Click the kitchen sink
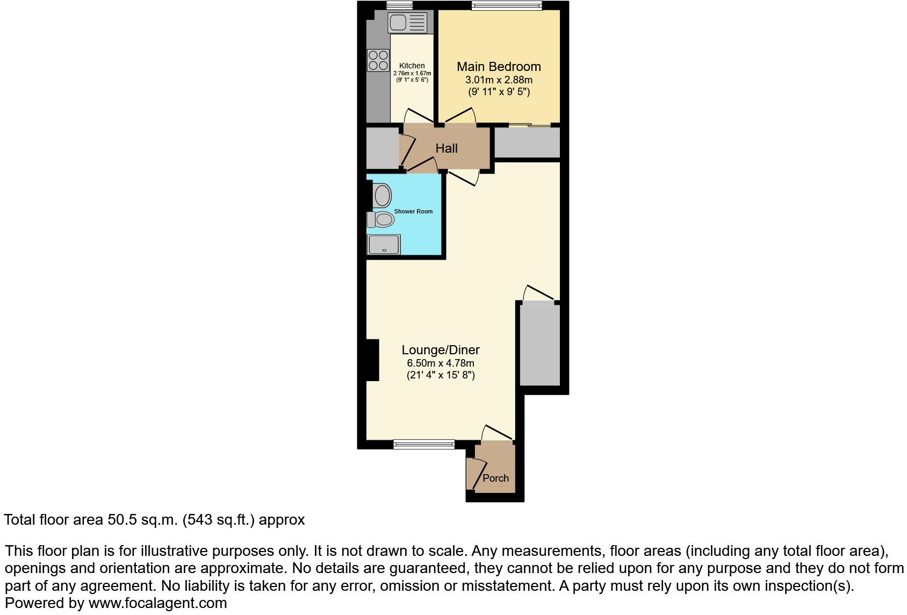(407, 23)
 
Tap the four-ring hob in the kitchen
(378, 60)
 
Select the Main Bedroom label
(499, 67)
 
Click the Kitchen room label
(412, 66)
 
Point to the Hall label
(447, 148)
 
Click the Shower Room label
(413, 211)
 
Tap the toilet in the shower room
(381, 219)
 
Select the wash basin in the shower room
(382, 196)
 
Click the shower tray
(384, 245)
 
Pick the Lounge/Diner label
(441, 350)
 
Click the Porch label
(495, 478)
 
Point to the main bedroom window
(507, 5)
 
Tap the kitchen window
(399, 5)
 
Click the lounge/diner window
(424, 444)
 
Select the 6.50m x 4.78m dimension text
(441, 363)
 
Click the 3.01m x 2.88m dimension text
(499, 80)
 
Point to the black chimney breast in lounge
(372, 360)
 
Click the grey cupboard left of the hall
(382, 148)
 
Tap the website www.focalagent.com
(157, 603)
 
